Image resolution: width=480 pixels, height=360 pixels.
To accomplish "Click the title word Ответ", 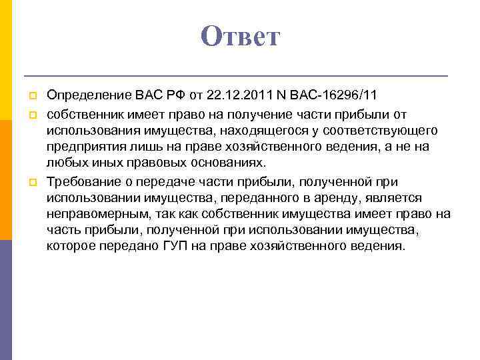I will (x=241, y=37).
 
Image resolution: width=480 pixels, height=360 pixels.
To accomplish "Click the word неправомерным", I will (x=91, y=214).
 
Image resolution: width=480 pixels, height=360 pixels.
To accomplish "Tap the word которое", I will (x=70, y=246).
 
